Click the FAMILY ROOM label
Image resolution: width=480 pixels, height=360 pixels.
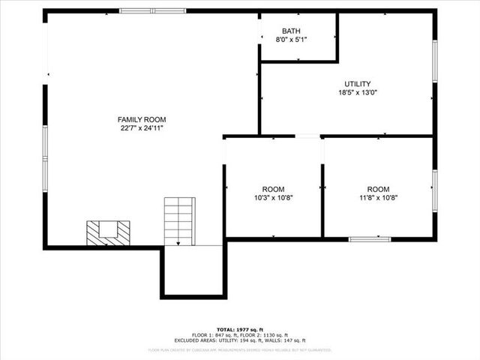[x=142, y=119]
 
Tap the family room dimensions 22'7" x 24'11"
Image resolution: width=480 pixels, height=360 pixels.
[x=142, y=128]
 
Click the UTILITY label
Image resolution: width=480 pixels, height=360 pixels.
[x=358, y=84]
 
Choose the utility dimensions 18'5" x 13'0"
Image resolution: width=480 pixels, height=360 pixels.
[x=358, y=93]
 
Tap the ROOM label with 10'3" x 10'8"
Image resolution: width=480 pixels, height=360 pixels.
[x=273, y=189]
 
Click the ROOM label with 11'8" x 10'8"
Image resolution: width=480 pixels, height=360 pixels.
[x=378, y=189]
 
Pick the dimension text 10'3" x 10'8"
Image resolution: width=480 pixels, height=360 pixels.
[x=273, y=198]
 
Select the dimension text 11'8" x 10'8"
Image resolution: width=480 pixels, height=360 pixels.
[x=378, y=198]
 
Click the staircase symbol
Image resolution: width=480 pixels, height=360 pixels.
[x=180, y=220]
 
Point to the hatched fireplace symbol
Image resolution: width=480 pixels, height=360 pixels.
[x=108, y=232]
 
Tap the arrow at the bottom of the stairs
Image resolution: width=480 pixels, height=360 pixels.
[x=178, y=241]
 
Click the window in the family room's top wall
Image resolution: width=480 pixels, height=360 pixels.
[x=153, y=11]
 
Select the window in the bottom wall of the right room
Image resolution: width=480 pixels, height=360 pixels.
[x=370, y=239]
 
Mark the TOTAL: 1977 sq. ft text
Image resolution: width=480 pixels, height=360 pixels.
[x=240, y=329]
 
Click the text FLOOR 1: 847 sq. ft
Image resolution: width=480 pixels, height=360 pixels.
[x=214, y=334]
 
